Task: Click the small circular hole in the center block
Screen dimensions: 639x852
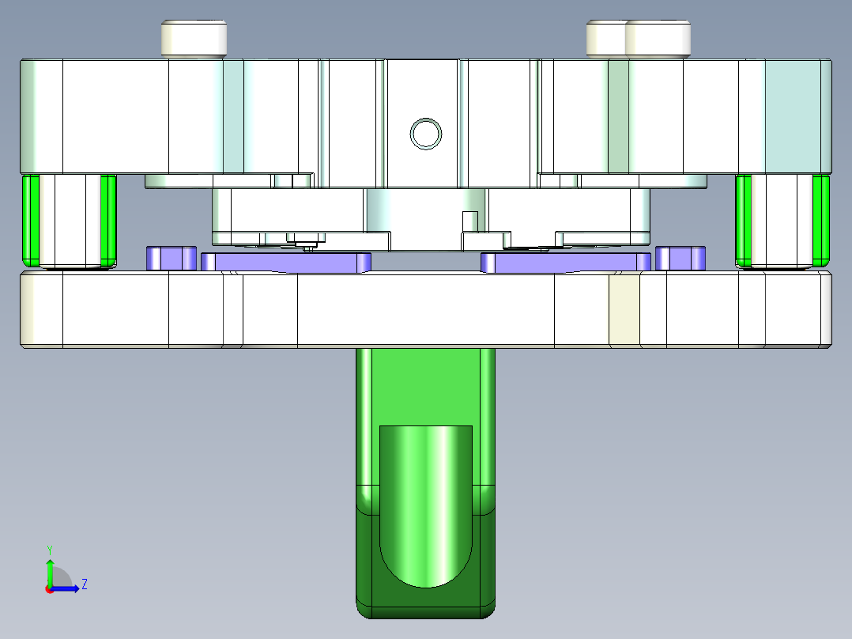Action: pyautogui.click(x=426, y=133)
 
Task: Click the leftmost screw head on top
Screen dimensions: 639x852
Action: pyautogui.click(x=194, y=38)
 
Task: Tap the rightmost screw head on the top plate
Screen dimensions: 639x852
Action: pyautogui.click(x=658, y=38)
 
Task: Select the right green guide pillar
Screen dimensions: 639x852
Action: pyautogui.click(x=822, y=221)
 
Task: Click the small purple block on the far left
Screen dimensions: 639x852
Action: pyautogui.click(x=171, y=258)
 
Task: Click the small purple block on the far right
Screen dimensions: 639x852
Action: pyautogui.click(x=680, y=258)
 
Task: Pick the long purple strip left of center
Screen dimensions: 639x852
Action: pyautogui.click(x=286, y=262)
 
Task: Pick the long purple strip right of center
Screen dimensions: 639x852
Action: pyautogui.click(x=565, y=262)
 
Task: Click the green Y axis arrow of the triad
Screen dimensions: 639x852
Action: pyautogui.click(x=50, y=568)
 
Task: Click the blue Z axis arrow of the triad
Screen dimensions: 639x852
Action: pyautogui.click(x=70, y=588)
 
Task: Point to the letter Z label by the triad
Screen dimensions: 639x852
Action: pyautogui.click(x=84, y=584)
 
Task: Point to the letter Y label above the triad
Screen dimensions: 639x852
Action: pyautogui.click(x=49, y=549)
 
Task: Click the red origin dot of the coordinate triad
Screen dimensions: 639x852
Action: pyautogui.click(x=49, y=588)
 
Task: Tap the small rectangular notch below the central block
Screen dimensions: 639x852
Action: pyautogui.click(x=469, y=219)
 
